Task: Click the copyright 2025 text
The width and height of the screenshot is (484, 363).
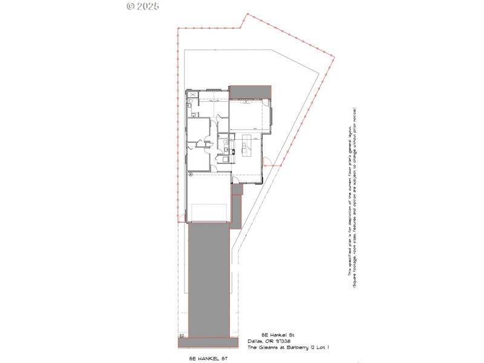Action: click(143, 6)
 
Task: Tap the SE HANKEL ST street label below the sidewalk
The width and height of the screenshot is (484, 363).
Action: click(208, 359)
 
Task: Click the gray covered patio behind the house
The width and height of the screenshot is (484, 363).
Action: click(250, 91)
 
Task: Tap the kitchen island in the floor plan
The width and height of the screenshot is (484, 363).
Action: click(246, 146)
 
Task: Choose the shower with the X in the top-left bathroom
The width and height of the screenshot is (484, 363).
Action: click(193, 96)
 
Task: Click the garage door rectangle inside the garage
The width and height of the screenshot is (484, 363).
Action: click(209, 212)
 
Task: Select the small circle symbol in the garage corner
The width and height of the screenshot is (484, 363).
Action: click(190, 174)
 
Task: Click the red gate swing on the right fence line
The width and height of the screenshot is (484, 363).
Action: click(267, 162)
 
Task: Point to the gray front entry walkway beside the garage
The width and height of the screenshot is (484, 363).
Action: click(237, 206)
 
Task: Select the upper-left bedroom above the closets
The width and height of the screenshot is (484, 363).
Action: click(198, 129)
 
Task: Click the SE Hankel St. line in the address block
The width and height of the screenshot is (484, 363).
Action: click(276, 335)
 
